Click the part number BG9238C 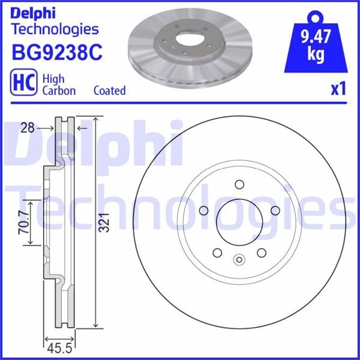click(57, 53)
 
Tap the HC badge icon click(23, 82)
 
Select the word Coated click(110, 91)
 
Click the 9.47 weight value click(316, 37)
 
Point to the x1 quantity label click(338, 89)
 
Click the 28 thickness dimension click(28, 128)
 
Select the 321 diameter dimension click(104, 222)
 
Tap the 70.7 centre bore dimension click(24, 222)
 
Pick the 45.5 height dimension click(59, 349)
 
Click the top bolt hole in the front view click(239, 184)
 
